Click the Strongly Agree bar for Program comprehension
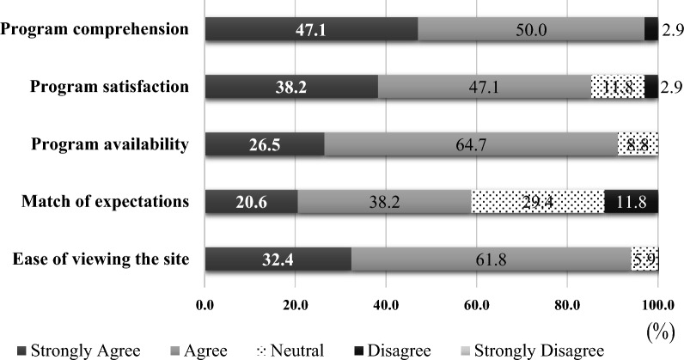(311, 29)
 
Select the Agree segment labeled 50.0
(530, 29)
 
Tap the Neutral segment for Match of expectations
(537, 202)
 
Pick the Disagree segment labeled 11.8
(631, 202)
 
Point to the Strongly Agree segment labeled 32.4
(278, 259)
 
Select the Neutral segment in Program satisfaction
(617, 87)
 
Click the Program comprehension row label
(95, 29)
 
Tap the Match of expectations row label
(103, 202)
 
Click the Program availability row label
(109, 144)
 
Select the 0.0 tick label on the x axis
(205, 303)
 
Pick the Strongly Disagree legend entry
(534, 351)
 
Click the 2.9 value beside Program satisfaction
(672, 87)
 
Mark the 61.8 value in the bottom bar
(491, 259)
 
